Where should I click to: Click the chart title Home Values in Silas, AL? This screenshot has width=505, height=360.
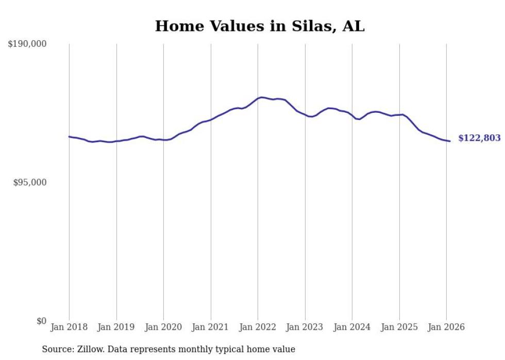260,26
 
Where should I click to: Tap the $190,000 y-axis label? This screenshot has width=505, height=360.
27,44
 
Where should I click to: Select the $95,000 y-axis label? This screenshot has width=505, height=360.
29,182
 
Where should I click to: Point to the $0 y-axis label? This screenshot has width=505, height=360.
41,321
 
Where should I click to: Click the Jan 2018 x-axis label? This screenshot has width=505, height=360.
69,327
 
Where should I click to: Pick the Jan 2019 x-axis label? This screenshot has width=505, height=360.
116,327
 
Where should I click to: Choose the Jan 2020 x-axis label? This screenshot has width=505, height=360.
163,327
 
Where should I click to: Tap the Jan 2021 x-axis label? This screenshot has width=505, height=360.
211,327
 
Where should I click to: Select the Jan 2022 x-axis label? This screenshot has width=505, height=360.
258,327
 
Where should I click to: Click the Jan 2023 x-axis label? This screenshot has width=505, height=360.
305,327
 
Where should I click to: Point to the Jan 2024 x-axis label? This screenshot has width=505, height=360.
352,327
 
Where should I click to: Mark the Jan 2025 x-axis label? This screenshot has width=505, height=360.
399,327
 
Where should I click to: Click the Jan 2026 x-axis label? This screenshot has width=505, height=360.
446,327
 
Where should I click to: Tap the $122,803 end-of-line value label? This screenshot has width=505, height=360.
479,138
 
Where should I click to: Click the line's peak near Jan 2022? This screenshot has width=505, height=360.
262,97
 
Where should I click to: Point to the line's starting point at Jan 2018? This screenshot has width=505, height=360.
69,136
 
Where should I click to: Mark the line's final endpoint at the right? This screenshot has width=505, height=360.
450,141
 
